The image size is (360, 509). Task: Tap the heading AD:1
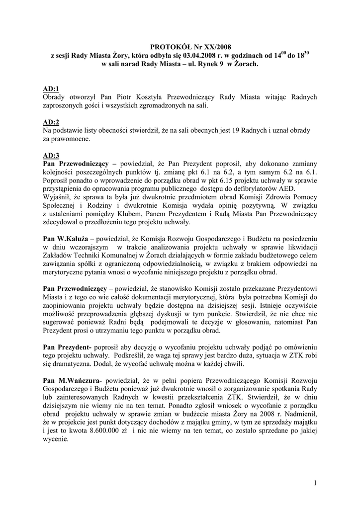[x=51, y=88]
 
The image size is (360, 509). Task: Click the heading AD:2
[x=51, y=122]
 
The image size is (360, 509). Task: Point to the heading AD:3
[x=51, y=155]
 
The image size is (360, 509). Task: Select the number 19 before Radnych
[x=237, y=130]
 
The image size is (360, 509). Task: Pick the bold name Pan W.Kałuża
[x=65, y=239]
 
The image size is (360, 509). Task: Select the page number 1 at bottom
[x=315, y=482]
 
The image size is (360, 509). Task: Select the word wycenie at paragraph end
[x=54, y=440]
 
